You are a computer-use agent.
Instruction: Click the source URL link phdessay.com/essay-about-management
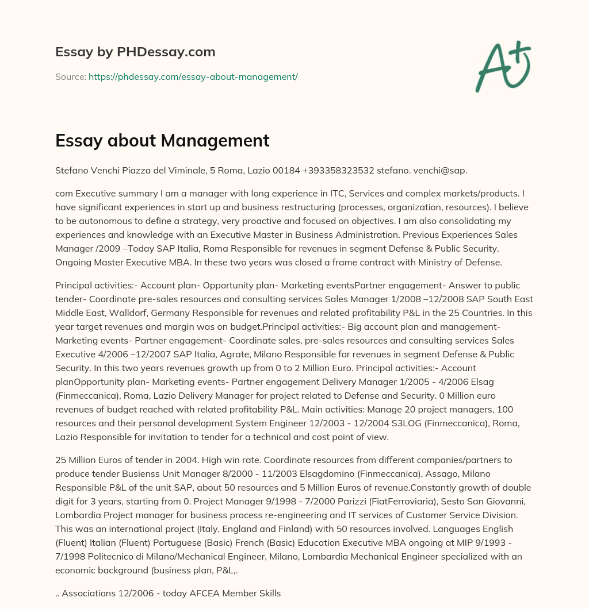coord(193,76)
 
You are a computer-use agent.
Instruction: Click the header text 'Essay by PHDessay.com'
coord(135,52)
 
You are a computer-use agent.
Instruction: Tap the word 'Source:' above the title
coord(70,76)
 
